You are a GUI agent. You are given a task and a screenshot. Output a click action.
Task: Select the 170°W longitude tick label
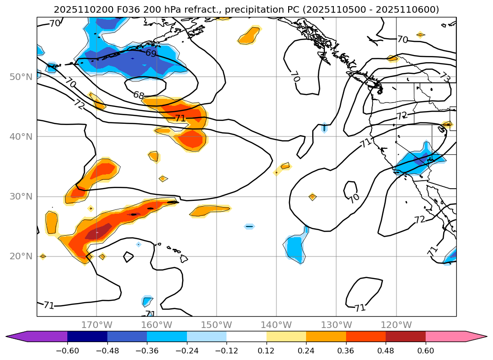point(97,325)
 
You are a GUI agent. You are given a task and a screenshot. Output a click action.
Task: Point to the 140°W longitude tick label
point(276,325)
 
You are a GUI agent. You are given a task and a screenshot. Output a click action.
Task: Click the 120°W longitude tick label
point(396,325)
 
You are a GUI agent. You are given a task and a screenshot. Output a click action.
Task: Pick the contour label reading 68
point(138,95)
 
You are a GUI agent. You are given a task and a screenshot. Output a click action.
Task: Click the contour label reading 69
point(151,53)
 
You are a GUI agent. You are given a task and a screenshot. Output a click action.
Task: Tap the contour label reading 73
point(445,76)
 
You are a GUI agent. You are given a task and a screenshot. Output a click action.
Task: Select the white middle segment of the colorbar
point(246,336)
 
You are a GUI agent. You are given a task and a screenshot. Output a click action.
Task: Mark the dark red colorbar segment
point(405,336)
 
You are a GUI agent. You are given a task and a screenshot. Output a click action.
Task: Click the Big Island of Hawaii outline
point(184,258)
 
